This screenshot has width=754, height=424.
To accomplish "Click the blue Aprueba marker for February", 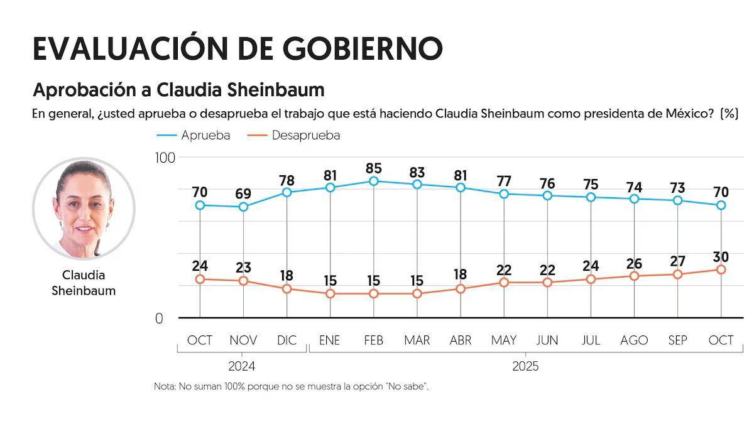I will (x=374, y=181).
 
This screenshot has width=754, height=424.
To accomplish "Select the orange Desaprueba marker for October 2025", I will (x=721, y=269).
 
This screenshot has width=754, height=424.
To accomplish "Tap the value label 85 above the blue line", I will (x=374, y=168).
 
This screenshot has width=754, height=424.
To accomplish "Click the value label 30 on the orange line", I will (x=721, y=257).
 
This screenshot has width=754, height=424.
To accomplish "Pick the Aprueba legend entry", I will (x=193, y=135).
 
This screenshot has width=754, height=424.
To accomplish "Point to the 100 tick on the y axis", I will (x=165, y=158).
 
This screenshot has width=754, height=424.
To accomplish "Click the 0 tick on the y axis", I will (x=159, y=318).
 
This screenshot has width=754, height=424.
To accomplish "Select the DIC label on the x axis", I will (x=287, y=340).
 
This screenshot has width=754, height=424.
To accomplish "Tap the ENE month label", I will (x=330, y=340).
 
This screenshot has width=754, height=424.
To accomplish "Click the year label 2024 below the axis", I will (x=242, y=366).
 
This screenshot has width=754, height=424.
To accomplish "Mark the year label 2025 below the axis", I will (x=525, y=366).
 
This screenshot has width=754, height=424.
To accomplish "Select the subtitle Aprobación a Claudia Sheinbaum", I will (x=178, y=90).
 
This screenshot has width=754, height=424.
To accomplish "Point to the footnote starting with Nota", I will (x=291, y=386).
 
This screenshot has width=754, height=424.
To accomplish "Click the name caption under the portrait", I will (x=84, y=283).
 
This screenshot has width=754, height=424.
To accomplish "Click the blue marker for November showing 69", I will (x=243, y=207).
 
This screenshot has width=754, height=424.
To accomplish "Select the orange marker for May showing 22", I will (x=504, y=283).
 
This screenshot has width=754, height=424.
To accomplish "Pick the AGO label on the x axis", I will (x=634, y=340).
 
